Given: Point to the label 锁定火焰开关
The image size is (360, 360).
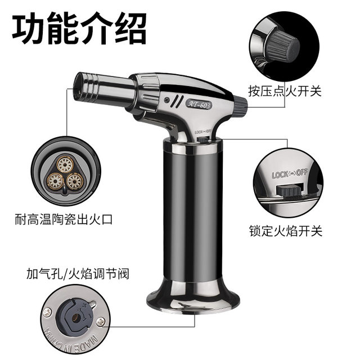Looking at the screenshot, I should point(285,231).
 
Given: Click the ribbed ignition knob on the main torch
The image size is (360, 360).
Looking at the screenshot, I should point(237,104).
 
